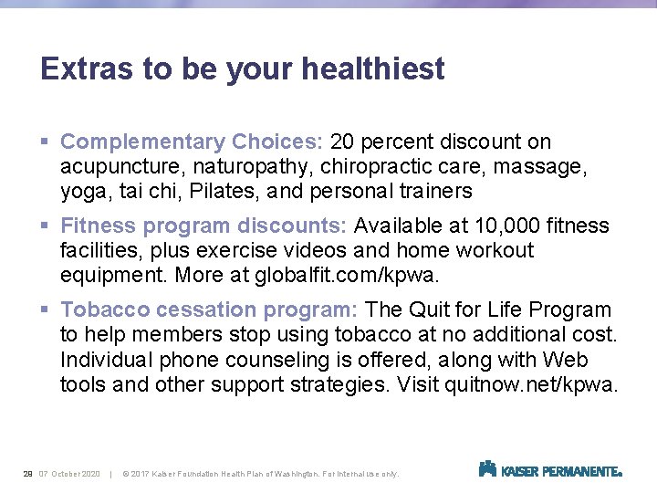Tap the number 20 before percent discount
coord(343,142)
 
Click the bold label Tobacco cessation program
coord(209,310)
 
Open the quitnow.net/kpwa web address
coord(529,384)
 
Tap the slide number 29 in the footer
coord(27,473)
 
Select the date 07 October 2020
coord(69,473)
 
